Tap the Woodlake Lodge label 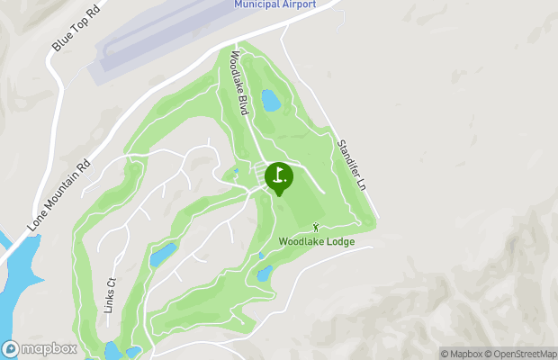click(x=316, y=241)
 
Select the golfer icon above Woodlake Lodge click(x=316, y=227)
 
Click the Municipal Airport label click(x=275, y=4)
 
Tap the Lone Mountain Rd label click(x=59, y=192)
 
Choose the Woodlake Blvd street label click(x=238, y=82)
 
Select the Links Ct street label click(x=112, y=292)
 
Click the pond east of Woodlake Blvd click(x=270, y=100)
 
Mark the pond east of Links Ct click(x=163, y=255)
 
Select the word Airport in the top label click(x=298, y=4)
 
